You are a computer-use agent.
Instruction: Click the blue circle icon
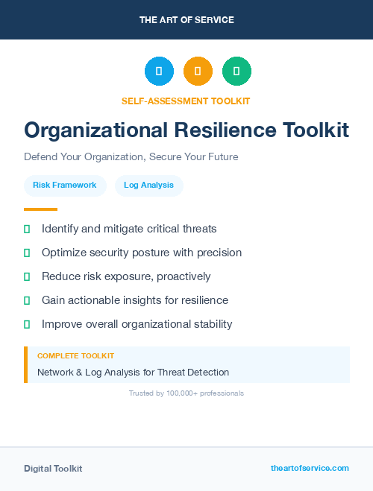click(159, 72)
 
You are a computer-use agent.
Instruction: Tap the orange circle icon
click(198, 72)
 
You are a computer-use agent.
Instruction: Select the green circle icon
click(236, 72)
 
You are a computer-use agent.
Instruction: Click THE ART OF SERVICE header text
click(186, 20)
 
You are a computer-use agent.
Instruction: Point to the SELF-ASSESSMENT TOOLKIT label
click(186, 101)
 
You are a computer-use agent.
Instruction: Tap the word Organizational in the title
click(95, 130)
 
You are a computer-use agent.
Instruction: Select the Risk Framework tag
click(65, 185)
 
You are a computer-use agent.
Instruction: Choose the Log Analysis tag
click(149, 185)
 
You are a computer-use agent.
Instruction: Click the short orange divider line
click(40, 209)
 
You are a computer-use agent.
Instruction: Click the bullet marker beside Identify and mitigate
click(27, 229)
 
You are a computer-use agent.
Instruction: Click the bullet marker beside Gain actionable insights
click(27, 300)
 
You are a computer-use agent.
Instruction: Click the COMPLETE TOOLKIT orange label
click(75, 356)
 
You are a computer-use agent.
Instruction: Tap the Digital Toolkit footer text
click(53, 469)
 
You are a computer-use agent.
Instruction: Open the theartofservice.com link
click(310, 468)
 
